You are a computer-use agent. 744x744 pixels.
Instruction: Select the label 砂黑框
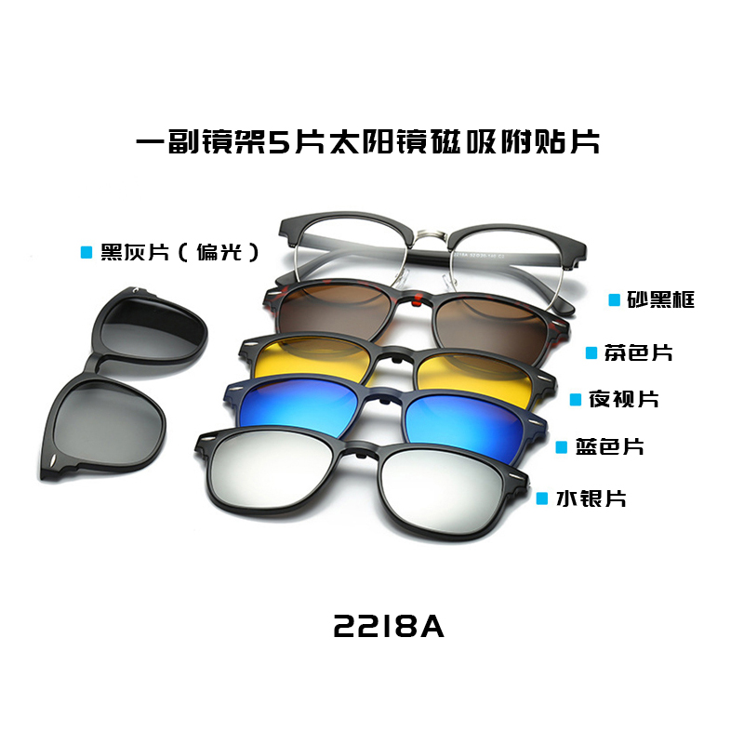(659, 299)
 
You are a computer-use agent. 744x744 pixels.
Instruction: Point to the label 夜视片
(623, 399)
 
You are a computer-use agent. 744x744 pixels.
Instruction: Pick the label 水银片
(591, 498)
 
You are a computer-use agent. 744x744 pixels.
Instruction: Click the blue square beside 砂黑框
(614, 299)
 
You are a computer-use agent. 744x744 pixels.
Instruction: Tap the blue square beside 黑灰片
(86, 252)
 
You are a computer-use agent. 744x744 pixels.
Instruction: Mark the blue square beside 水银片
(542, 498)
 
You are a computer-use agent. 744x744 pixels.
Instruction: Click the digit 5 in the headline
(278, 142)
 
